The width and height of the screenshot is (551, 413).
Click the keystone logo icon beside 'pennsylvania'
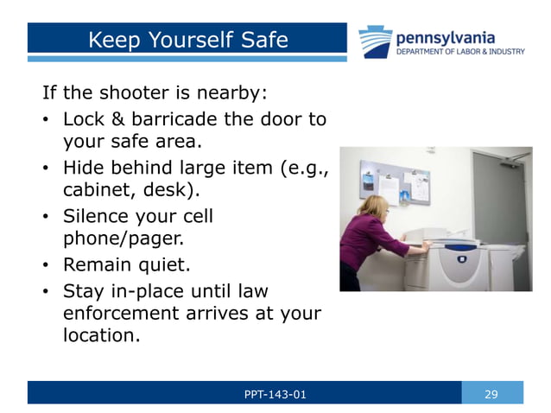tap(376, 41)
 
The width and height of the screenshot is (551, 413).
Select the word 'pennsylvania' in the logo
tap(446, 37)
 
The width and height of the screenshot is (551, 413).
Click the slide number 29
tap(491, 394)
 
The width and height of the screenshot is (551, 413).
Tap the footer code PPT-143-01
tap(275, 394)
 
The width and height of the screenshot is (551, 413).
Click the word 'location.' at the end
tap(101, 336)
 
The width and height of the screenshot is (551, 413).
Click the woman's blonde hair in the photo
tap(377, 206)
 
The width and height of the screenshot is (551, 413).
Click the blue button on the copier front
tap(462, 258)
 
